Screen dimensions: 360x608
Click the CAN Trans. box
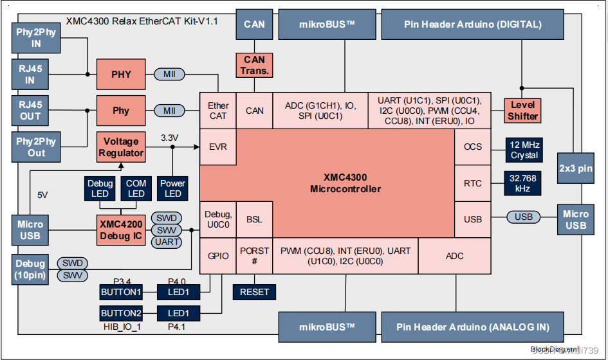pos(255,65)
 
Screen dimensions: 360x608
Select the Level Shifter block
pos(522,110)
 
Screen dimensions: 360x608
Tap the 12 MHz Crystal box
pos(524,149)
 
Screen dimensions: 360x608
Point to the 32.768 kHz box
pos(524,183)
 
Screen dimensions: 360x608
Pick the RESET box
pos(254,291)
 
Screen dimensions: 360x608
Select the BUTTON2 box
pos(120,313)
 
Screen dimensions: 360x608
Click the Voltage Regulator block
pos(121,147)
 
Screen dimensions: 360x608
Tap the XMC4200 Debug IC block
pos(121,230)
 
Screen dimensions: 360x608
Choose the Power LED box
pos(172,188)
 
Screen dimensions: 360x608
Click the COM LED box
pos(136,188)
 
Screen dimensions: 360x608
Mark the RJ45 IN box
pos(30,75)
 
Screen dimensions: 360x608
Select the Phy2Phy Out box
pos(36,147)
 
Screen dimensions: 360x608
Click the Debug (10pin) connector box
pos(30,269)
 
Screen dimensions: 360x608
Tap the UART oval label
pos(167,242)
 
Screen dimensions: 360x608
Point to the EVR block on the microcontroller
pos(218,147)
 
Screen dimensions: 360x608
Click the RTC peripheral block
pos(473,183)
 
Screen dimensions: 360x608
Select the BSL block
pos(254,219)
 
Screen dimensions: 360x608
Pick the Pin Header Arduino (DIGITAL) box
pos(473,24)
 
